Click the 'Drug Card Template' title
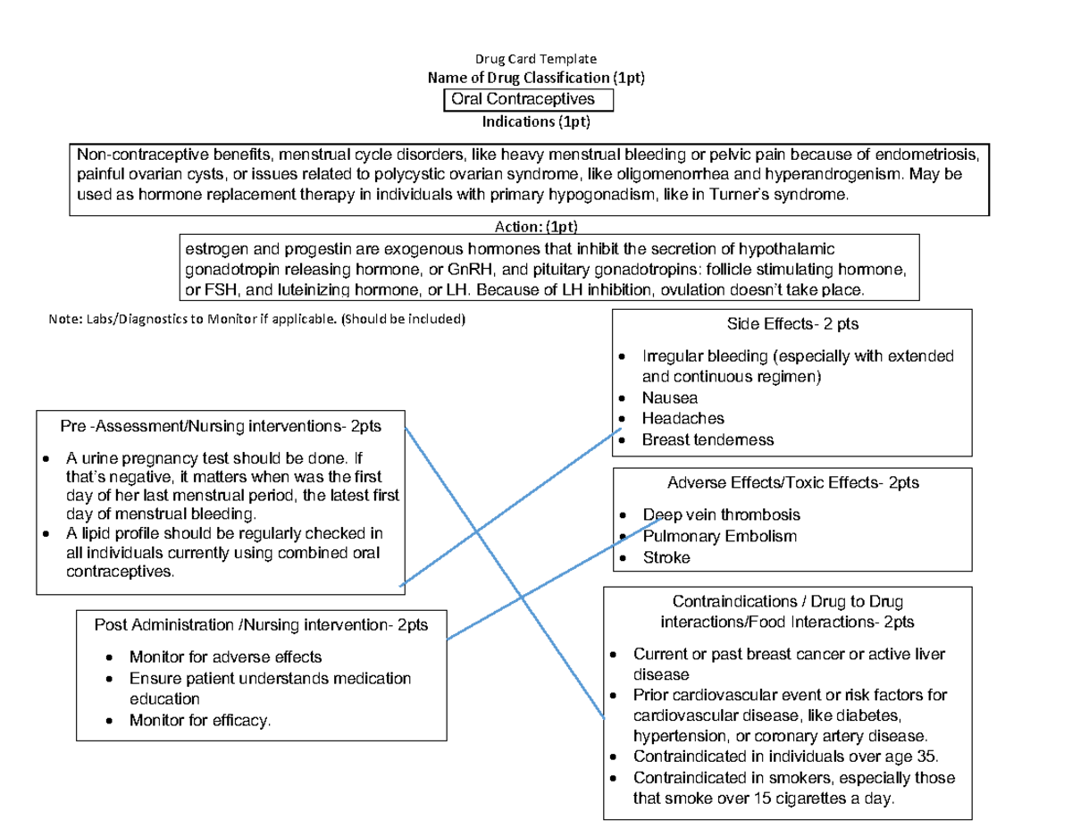[x=535, y=58]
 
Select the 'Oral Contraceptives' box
[x=528, y=99]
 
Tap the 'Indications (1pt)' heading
[x=536, y=121]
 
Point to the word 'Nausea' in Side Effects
[x=670, y=397]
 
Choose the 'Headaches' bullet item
[x=683, y=418]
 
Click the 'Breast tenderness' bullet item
[x=708, y=439]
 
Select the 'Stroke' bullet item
[x=666, y=558]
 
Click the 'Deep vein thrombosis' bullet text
[x=722, y=514]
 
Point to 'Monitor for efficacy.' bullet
[x=200, y=720]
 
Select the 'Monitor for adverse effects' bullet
[x=220, y=657]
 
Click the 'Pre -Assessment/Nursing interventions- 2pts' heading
[x=221, y=426]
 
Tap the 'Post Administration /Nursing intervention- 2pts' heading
[x=261, y=625]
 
